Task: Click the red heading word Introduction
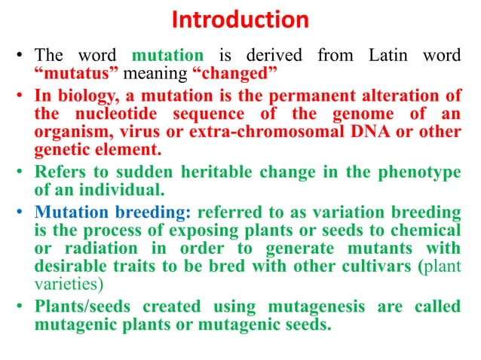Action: [240, 20]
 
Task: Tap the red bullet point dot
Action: [22, 98]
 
